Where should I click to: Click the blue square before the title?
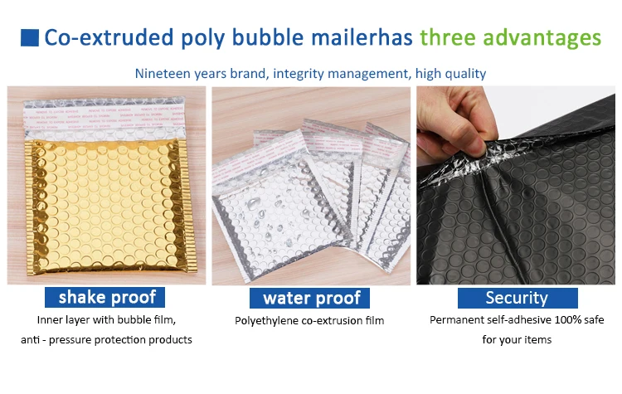[30, 37]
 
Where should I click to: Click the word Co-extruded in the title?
[109, 37]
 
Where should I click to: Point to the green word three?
[448, 37]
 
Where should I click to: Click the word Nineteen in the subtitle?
[163, 73]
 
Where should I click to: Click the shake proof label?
[104, 297]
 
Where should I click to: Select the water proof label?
[309, 298]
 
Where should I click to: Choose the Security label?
[518, 298]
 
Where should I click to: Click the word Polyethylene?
[266, 321]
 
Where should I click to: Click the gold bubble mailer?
[107, 207]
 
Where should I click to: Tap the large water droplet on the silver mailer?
[253, 204]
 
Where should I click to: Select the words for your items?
[517, 340]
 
